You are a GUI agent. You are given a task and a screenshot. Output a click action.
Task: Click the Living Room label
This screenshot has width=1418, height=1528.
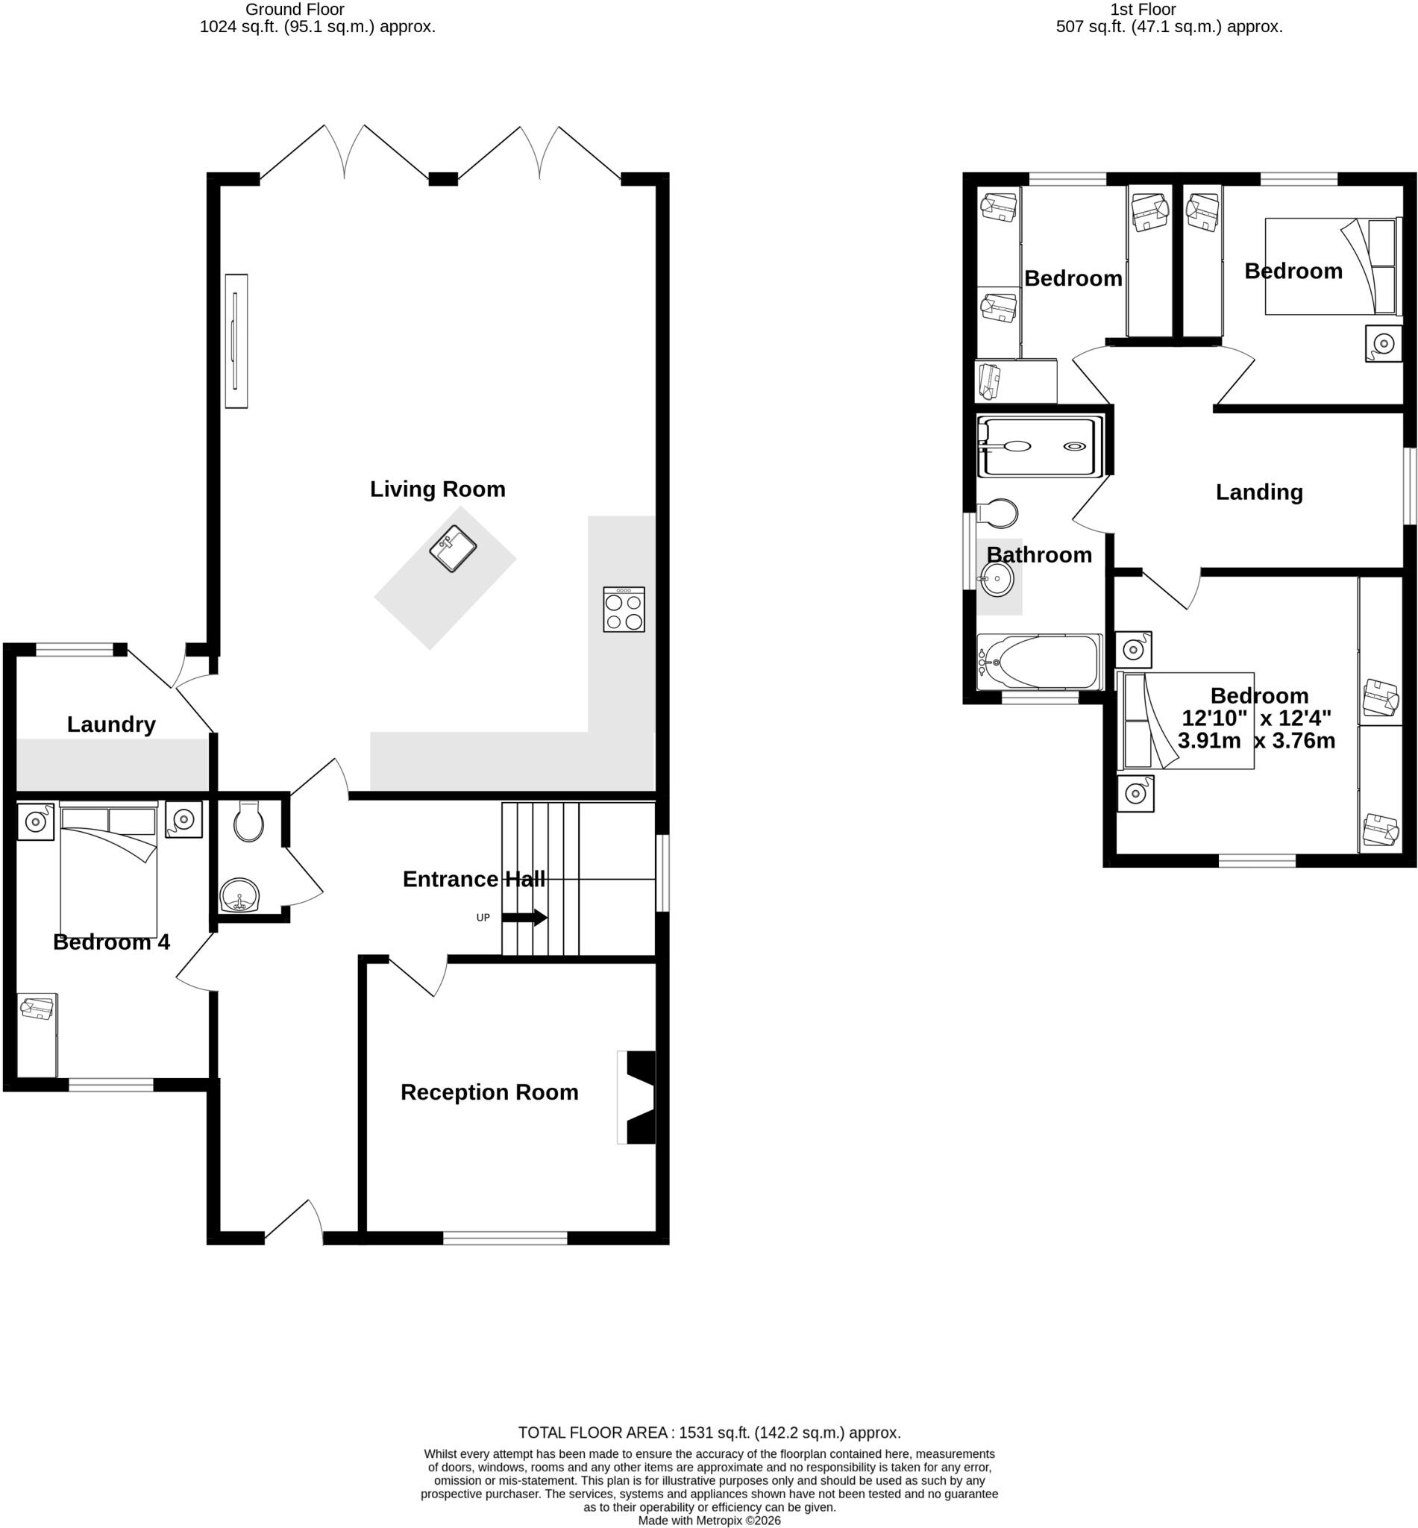click(437, 489)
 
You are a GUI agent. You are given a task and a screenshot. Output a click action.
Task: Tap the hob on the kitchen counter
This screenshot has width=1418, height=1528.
click(624, 610)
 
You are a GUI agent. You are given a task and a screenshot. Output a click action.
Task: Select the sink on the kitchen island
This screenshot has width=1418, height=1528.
click(453, 548)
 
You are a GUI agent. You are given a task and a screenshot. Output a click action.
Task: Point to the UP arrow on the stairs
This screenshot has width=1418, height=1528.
click(524, 917)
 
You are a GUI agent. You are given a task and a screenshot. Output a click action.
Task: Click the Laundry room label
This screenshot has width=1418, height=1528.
click(111, 724)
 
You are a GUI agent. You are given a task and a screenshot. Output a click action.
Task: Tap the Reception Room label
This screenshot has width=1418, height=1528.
click(489, 1092)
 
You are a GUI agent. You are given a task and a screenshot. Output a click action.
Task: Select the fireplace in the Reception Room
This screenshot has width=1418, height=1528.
click(637, 1098)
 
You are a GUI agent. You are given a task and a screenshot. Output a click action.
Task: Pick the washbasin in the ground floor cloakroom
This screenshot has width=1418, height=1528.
click(239, 895)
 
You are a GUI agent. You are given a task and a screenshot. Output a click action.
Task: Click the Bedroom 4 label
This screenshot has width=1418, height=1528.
click(111, 942)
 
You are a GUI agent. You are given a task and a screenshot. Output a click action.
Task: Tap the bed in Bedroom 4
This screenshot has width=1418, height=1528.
click(108, 869)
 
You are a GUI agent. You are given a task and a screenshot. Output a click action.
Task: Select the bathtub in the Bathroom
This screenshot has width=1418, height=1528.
click(1040, 662)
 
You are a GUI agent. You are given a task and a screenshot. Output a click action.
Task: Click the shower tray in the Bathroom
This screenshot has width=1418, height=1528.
click(1040, 447)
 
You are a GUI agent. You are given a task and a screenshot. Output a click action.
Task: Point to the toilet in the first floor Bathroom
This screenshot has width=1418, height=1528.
click(997, 513)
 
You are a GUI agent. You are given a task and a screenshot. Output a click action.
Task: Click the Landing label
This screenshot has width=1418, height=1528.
click(1259, 492)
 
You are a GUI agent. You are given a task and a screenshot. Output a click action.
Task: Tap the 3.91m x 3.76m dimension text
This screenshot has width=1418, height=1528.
click(1256, 741)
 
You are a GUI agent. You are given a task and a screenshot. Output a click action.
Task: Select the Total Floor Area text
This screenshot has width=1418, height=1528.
click(709, 1432)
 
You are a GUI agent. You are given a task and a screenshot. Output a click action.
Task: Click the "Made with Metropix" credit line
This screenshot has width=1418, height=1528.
click(709, 1521)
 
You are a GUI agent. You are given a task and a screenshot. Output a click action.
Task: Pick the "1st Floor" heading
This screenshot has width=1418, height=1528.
click(1143, 9)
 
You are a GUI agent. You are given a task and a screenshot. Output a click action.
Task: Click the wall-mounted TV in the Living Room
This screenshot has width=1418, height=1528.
click(236, 341)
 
